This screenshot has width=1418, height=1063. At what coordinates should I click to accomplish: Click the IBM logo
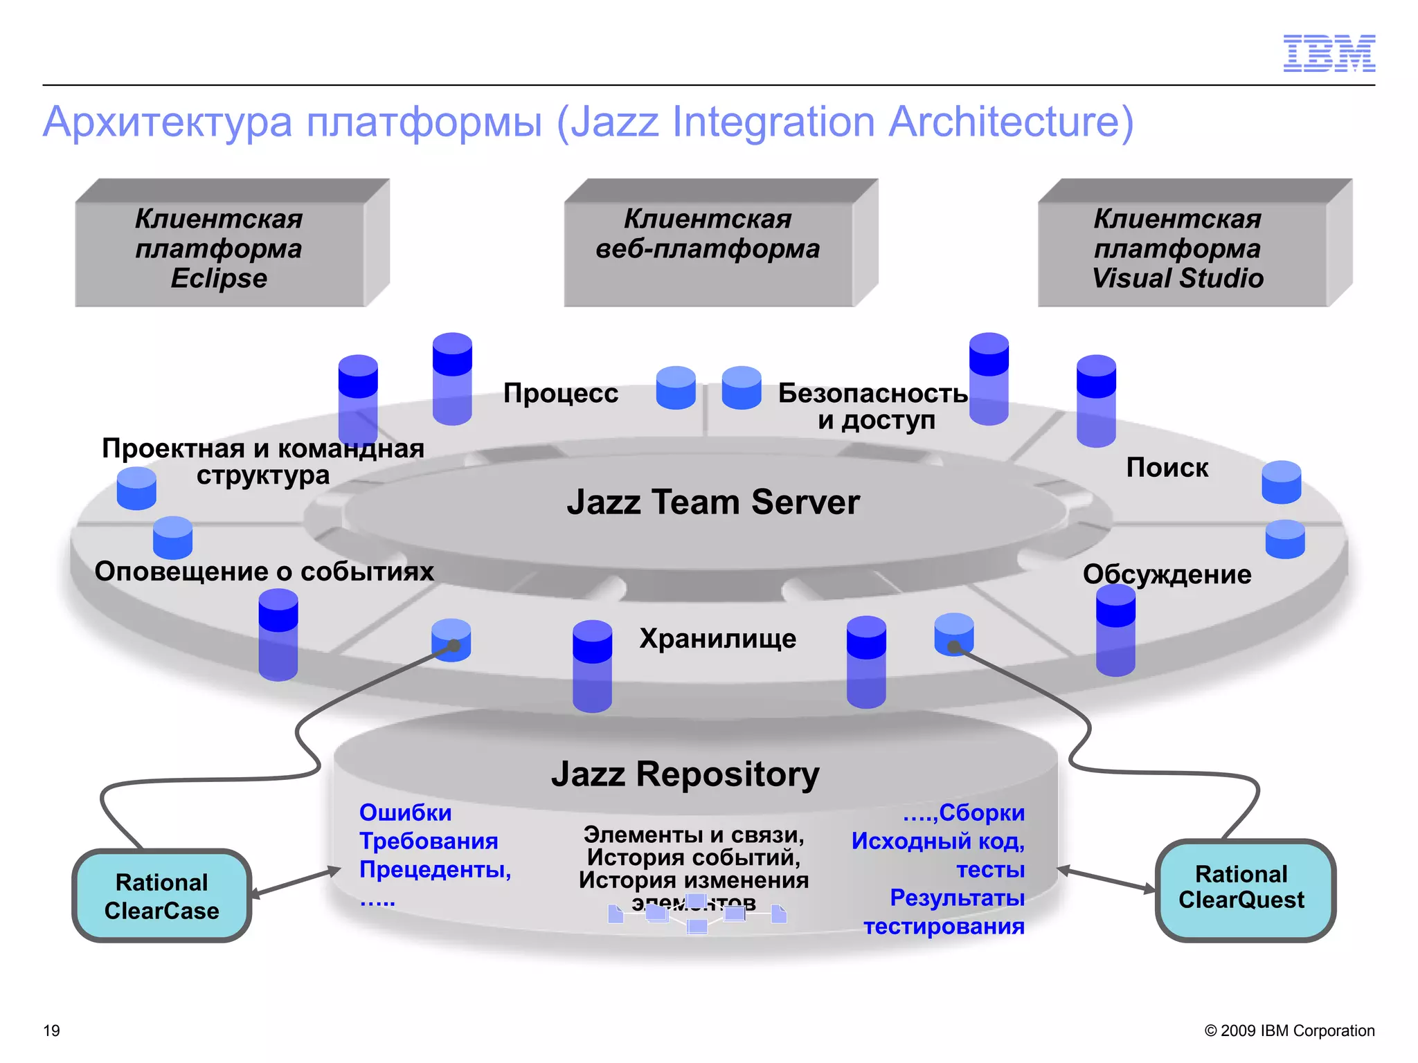(1329, 53)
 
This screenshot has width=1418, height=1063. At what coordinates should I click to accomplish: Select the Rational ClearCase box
(161, 896)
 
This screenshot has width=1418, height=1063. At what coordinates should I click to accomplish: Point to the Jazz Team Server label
(713, 502)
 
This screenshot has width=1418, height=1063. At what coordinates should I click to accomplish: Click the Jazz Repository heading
(685, 774)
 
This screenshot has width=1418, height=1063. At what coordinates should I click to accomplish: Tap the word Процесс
(561, 393)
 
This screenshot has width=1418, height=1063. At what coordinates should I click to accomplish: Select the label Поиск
(1167, 468)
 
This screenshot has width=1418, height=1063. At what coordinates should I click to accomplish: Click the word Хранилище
(718, 638)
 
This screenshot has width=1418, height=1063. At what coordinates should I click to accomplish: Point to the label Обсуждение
(1167, 574)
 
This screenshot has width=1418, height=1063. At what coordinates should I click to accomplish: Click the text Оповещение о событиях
(264, 572)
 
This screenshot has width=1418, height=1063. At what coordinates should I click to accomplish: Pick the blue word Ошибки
(406, 812)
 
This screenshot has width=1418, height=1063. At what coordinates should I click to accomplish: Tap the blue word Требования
(429, 841)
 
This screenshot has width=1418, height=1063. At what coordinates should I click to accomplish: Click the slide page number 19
(52, 1030)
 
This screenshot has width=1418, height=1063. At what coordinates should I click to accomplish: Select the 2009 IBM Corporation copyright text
(1289, 1030)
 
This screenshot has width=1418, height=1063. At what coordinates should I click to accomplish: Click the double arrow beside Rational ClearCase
(296, 883)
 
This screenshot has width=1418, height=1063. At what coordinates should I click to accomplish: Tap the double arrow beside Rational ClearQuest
(1106, 878)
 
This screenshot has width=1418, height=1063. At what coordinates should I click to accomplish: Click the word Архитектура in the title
(168, 122)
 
